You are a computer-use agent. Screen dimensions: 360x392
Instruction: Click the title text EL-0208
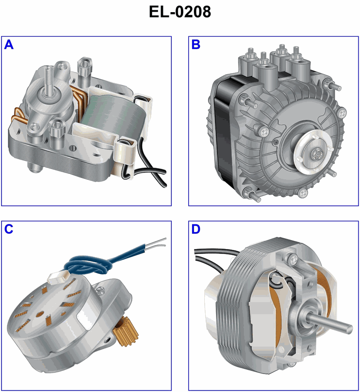coord(180,12)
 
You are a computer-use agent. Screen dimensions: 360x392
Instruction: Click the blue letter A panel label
coord(9,45)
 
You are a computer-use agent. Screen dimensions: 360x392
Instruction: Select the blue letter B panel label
coord(196,45)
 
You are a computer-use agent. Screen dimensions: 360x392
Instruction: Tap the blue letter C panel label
coord(9,229)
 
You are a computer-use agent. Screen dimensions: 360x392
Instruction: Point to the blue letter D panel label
coord(196,229)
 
